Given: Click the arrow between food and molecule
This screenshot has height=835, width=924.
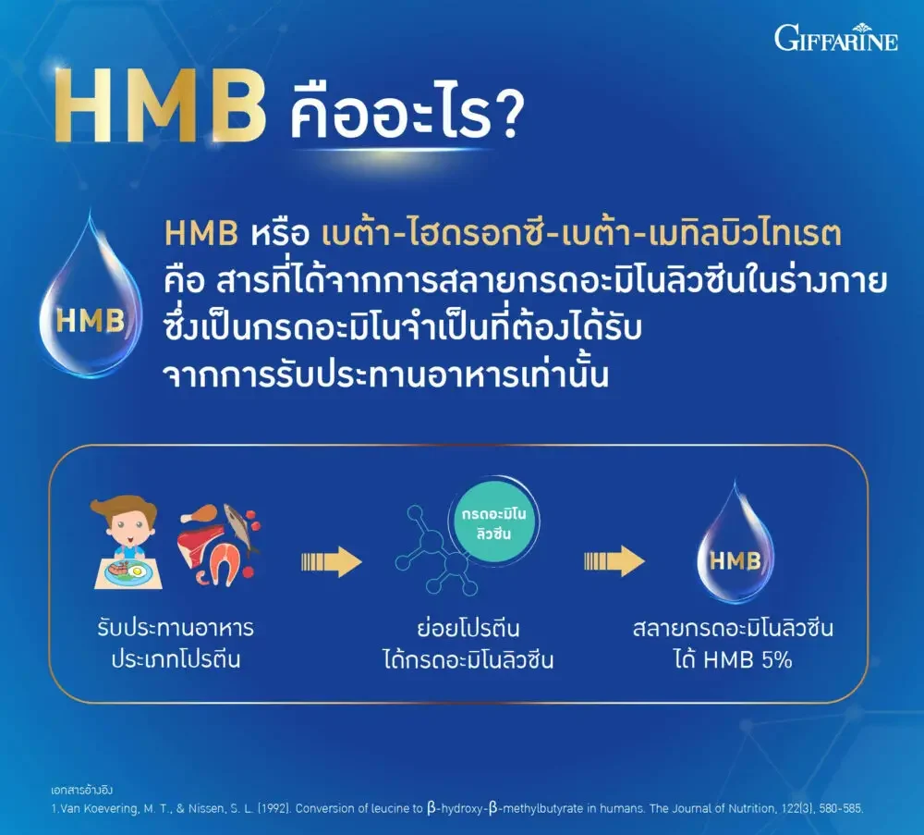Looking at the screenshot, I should [331, 560].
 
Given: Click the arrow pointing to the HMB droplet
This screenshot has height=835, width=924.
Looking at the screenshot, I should [614, 560].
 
